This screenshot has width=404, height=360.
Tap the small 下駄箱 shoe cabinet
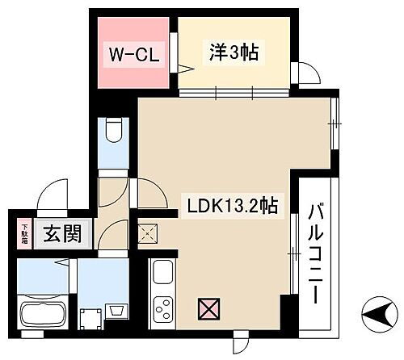click(24, 233)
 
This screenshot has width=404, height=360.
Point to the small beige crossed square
click(148, 234)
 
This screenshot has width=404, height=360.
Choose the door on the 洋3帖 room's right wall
click(308, 73)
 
